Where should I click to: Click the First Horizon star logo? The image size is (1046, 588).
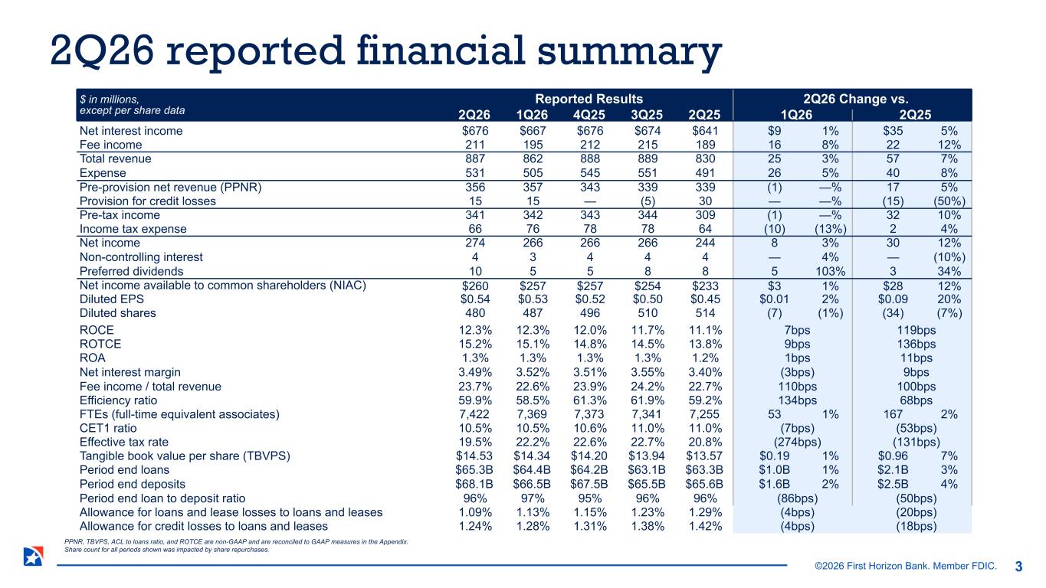tap(34, 556)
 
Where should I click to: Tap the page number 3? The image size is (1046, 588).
tap(1018, 567)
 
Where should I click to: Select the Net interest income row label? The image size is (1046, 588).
tap(131, 131)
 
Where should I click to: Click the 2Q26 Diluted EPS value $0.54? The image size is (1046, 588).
tap(475, 299)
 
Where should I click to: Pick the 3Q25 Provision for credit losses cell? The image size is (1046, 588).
tap(648, 201)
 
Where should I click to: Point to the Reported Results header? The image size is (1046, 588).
tap(589, 99)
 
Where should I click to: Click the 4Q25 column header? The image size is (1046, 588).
tap(589, 115)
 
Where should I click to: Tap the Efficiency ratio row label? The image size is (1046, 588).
tap(118, 400)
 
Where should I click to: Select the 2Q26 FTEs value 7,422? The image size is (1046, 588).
tap(474, 414)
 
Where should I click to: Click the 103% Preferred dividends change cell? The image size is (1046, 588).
tap(830, 271)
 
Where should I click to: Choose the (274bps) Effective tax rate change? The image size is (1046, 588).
tap(797, 442)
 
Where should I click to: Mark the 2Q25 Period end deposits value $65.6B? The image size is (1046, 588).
tap(704, 484)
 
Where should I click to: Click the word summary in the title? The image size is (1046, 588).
tap(629, 51)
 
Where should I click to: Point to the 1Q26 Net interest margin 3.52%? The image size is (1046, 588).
tap(533, 372)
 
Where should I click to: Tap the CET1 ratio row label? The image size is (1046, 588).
tap(108, 429)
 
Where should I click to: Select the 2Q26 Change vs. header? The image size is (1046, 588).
tap(856, 99)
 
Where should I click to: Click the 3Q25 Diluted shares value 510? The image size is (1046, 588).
tap(648, 313)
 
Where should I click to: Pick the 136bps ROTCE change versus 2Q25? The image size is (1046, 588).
tap(916, 345)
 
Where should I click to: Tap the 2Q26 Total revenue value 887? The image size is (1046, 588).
tap(475, 158)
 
